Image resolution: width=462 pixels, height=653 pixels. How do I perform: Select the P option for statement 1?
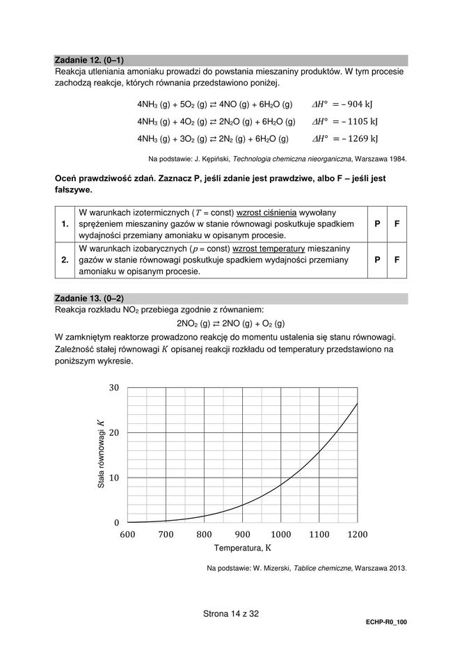pyautogui.click(x=376, y=224)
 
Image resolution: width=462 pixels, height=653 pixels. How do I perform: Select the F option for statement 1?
pyautogui.click(x=397, y=224)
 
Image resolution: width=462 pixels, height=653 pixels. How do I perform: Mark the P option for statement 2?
pyautogui.click(x=376, y=260)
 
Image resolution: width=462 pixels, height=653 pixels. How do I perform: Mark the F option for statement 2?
pyautogui.click(x=397, y=260)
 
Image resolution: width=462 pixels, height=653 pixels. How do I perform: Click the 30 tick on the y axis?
pyautogui.click(x=114, y=388)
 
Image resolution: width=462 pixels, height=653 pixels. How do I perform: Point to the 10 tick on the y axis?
pyautogui.click(x=114, y=478)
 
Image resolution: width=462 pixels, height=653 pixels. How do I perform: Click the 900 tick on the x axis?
pyautogui.click(x=242, y=535)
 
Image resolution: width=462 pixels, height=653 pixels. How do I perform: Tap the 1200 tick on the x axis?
pyautogui.click(x=357, y=535)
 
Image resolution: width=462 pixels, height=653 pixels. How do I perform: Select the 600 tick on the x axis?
pyautogui.click(x=127, y=535)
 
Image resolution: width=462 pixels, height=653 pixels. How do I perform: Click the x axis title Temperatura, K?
pyautogui.click(x=242, y=548)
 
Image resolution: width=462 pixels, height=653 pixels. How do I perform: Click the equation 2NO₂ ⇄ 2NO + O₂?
pyautogui.click(x=230, y=324)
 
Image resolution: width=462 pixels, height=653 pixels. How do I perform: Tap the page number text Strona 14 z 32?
pyautogui.click(x=230, y=614)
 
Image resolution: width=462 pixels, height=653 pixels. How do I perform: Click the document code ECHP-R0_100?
pyautogui.click(x=385, y=625)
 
